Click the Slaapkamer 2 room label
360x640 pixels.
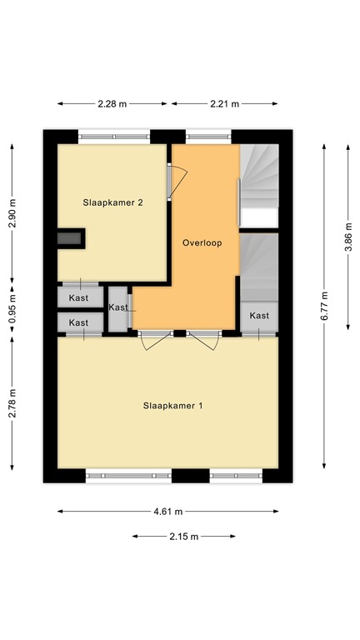click(x=112, y=202)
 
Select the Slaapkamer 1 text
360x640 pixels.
click(x=173, y=406)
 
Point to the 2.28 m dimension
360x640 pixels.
click(x=112, y=104)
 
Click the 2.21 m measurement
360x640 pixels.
click(x=223, y=104)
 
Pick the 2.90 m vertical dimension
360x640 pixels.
click(x=12, y=213)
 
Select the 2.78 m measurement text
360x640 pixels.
click(x=12, y=403)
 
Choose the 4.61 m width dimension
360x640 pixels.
click(x=167, y=512)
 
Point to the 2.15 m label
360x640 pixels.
click(x=182, y=536)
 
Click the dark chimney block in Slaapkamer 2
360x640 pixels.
click(x=70, y=238)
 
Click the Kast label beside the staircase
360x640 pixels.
click(x=259, y=316)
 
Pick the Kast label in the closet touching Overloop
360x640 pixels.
click(x=119, y=307)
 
